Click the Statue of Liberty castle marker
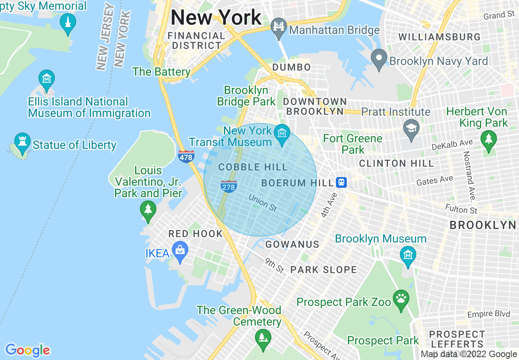pyautogui.click(x=23, y=142)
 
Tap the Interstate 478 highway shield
pyautogui.click(x=186, y=156)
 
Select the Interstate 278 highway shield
pyautogui.click(x=228, y=186)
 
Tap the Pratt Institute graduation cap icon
pyautogui.click(x=411, y=127)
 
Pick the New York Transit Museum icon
pyautogui.click(x=282, y=134)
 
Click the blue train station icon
pyautogui.click(x=341, y=182)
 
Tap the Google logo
pyautogui.click(x=27, y=350)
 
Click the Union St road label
pyautogui.click(x=262, y=202)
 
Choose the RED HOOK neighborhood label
pyautogui.click(x=196, y=234)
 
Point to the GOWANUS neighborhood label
pyautogui.click(x=292, y=244)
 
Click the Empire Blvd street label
pyautogui.click(x=489, y=314)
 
